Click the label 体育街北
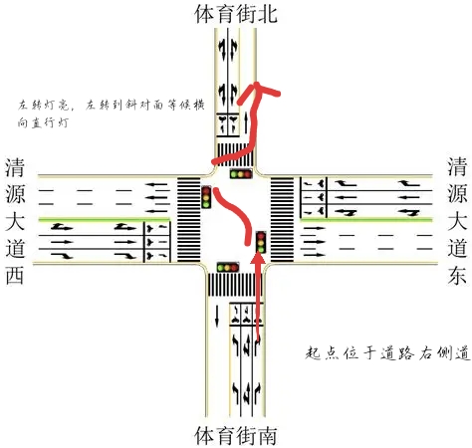tap(236, 14)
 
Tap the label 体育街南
tap(236, 435)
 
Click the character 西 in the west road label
tap(15, 276)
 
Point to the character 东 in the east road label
tap(457, 276)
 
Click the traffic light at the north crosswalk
tap(241, 173)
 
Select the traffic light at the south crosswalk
tap(228, 267)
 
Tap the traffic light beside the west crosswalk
tap(206, 197)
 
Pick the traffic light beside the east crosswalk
tap(261, 242)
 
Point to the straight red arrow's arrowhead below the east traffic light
tap(258, 258)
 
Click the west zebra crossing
tap(188, 219)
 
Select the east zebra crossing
tap(283, 219)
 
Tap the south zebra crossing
tap(235, 285)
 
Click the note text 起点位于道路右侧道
tap(387, 353)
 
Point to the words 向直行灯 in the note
tap(43, 122)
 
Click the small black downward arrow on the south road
tap(217, 316)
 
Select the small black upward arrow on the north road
tap(246, 123)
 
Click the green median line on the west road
tap(105, 219)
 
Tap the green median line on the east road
tap(366, 219)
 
